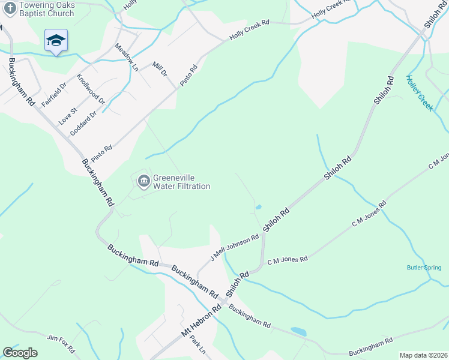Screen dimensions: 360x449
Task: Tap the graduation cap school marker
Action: point(56,41)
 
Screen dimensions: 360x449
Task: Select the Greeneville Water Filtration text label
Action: point(181,182)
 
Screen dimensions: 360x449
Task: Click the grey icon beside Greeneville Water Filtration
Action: point(143,181)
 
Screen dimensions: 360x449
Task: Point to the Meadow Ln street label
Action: point(127,58)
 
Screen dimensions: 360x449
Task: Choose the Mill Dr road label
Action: point(159,69)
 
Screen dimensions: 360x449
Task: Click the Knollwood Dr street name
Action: point(91,89)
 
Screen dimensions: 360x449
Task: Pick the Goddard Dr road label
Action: point(83,123)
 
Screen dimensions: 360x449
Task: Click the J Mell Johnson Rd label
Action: point(234,247)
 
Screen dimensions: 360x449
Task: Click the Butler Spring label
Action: point(424,268)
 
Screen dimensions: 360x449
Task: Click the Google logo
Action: point(20,353)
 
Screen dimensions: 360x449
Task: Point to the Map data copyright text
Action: point(423,355)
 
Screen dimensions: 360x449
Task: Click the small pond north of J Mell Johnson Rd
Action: point(258,208)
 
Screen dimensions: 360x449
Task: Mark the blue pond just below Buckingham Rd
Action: point(298,331)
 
